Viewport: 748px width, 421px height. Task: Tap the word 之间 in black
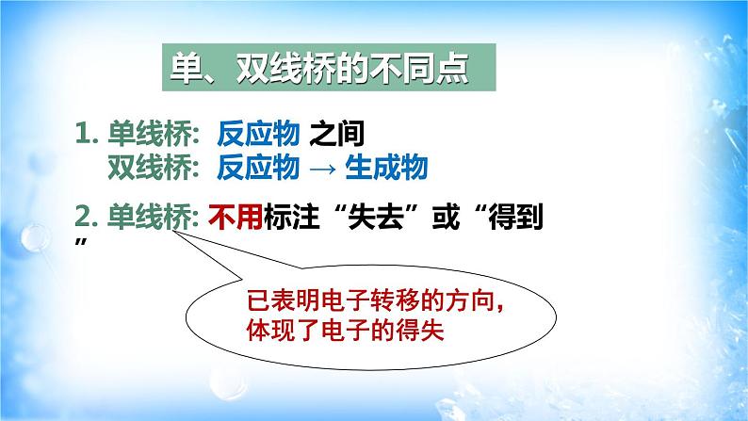pyautogui.click(x=336, y=135)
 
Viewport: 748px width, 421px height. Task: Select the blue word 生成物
pyautogui.click(x=386, y=168)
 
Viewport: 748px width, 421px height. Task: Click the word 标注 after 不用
pyautogui.click(x=273, y=219)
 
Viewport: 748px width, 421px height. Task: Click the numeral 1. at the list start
pyautogui.click(x=88, y=135)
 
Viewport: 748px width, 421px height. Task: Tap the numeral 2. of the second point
pyautogui.click(x=88, y=219)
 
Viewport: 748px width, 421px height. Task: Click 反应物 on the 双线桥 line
pyautogui.click(x=257, y=168)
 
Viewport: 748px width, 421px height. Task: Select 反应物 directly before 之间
pyautogui.click(x=257, y=135)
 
